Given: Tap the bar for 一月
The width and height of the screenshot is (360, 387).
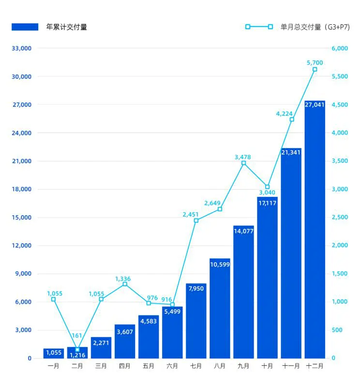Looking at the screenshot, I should click(x=53, y=353).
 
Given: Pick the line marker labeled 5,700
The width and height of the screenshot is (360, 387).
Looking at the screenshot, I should click(x=315, y=69).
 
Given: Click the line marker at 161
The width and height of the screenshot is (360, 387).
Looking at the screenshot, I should click(x=77, y=349).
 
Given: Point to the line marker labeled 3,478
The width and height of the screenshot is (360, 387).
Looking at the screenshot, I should click(x=243, y=163).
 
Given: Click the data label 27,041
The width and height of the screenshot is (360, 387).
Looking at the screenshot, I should click(x=315, y=105).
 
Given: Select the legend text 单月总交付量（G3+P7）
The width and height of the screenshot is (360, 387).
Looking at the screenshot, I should click(x=315, y=27).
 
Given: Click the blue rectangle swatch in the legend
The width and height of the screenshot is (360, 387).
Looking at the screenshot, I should click(x=25, y=27).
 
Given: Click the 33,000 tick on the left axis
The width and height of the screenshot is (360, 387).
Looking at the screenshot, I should click(x=22, y=48).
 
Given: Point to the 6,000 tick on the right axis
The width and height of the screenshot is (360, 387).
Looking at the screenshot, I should click(x=340, y=48).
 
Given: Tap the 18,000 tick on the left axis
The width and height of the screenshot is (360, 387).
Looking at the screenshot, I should click(x=22, y=189).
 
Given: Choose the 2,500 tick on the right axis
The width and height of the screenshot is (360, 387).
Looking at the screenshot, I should click(x=340, y=217).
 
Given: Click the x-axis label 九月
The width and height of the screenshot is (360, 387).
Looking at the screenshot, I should click(x=243, y=367).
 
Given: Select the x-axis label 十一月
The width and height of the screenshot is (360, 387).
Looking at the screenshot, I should click(x=291, y=367).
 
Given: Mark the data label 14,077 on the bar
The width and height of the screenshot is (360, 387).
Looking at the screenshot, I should click(x=243, y=231).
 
